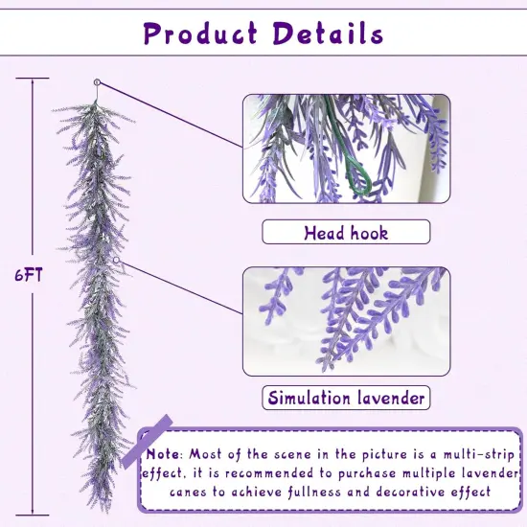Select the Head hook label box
(x=346, y=232)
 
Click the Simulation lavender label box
(x=346, y=398)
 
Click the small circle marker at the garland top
(x=97, y=82)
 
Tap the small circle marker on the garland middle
(x=117, y=259)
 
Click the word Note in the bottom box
(x=164, y=453)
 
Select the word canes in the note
(x=190, y=492)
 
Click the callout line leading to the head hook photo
(x=172, y=116)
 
